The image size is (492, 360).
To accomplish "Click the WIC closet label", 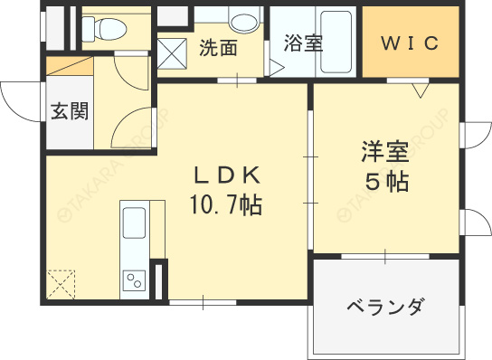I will pos(409,43).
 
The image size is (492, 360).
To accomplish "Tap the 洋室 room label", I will pos(385,151).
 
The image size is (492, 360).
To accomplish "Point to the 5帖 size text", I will pos(386,181).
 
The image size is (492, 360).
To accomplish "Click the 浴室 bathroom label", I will pos(303,43).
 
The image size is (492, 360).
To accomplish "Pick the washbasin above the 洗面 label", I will pos(243,20).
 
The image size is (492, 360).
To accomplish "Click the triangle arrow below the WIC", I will pos(420,90).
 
